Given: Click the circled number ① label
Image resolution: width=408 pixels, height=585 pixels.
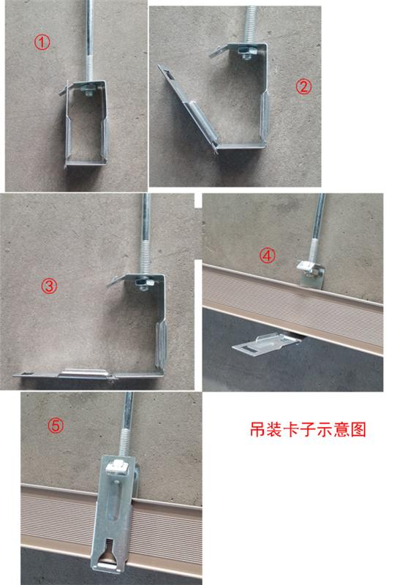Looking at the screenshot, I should [x=43, y=42].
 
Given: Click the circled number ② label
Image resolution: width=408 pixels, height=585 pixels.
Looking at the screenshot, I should [x=303, y=86].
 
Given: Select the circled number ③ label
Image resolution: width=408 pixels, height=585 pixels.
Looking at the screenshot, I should [x=50, y=287].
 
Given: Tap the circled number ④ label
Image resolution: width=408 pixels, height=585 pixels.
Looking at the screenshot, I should [x=268, y=255].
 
